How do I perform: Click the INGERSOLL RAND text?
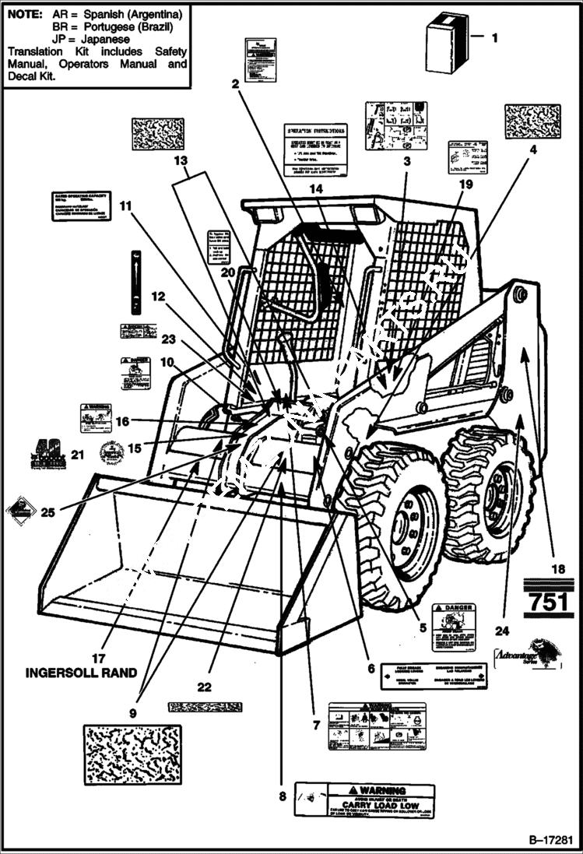click(82, 673)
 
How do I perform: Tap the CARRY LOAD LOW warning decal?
click(364, 800)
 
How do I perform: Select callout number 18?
click(558, 569)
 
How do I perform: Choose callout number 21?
click(76, 455)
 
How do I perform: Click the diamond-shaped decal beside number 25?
click(20, 511)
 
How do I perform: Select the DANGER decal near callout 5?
click(454, 626)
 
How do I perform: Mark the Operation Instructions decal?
click(314, 149)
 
